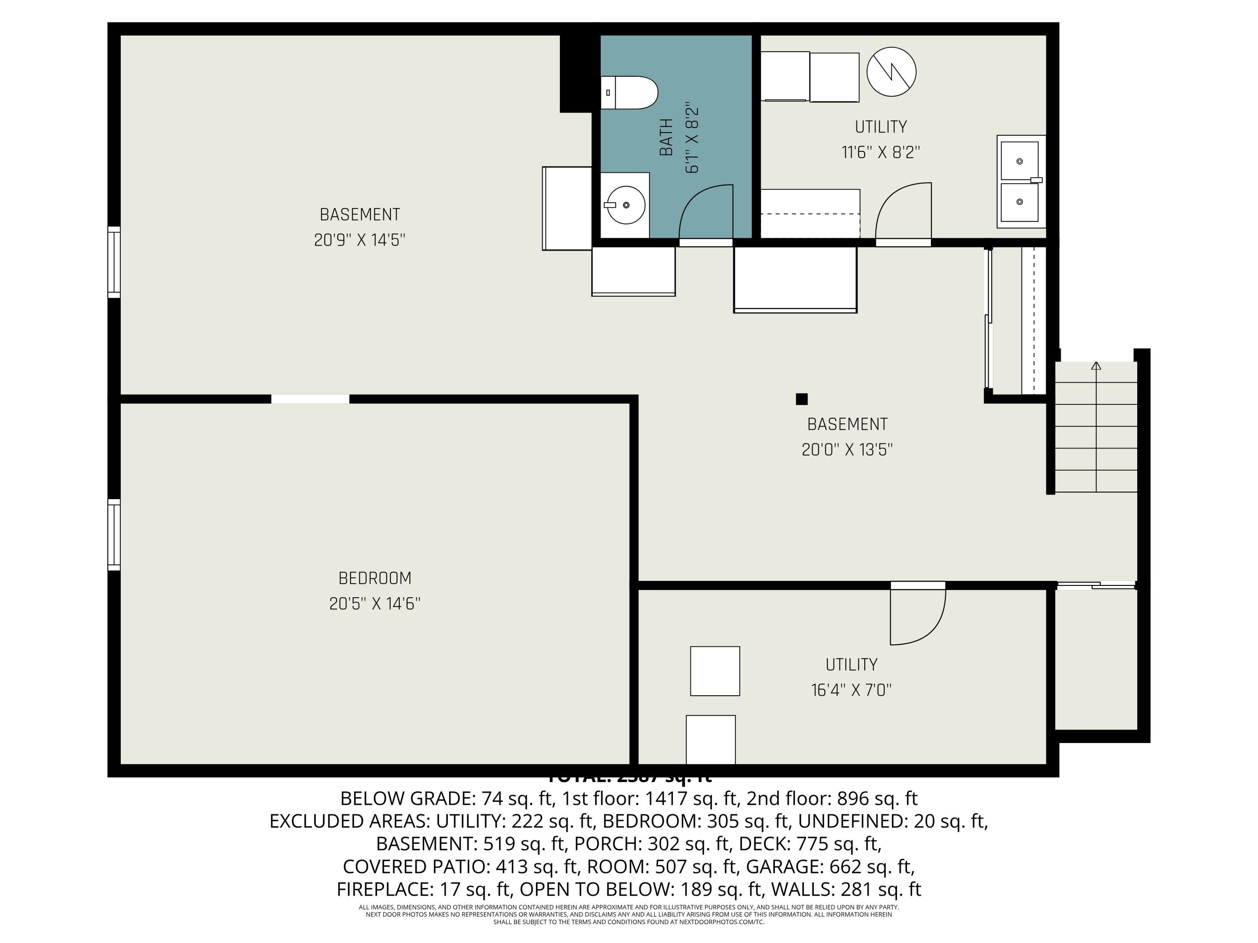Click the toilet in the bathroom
(629, 93)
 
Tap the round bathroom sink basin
(626, 205)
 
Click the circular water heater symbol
(891, 72)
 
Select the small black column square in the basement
(801, 399)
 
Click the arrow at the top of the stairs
(1096, 366)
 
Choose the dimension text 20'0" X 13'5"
(847, 450)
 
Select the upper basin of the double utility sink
(1019, 161)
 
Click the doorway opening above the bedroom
(310, 399)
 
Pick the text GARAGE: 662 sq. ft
(830, 866)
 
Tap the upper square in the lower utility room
(715, 671)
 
